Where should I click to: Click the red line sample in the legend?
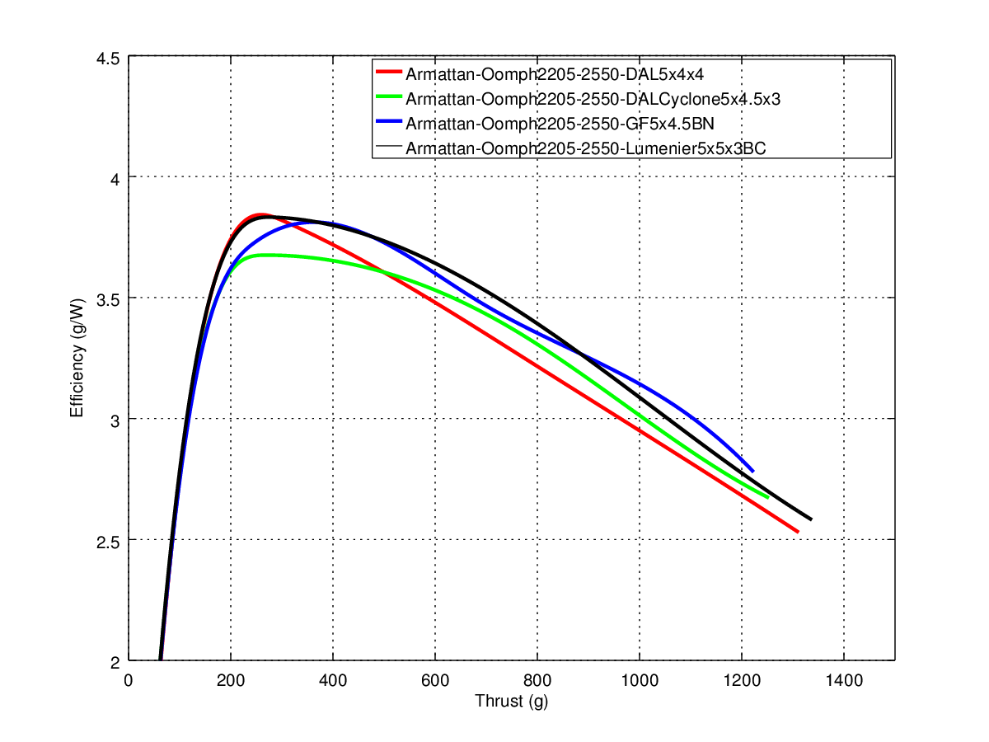(x=389, y=73)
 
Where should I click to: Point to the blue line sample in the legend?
(x=389, y=121)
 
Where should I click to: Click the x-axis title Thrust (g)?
(x=511, y=702)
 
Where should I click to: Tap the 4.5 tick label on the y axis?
(x=108, y=58)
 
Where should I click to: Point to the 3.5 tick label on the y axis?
(x=108, y=298)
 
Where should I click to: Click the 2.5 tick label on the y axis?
(x=108, y=541)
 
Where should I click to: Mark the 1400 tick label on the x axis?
(x=843, y=681)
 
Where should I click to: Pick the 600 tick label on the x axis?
(x=434, y=681)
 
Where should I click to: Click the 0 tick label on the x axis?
(x=129, y=681)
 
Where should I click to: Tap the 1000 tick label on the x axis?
(x=639, y=681)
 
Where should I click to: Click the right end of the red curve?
(x=797, y=532)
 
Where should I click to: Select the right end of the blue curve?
(x=752, y=471)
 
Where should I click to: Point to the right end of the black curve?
(x=811, y=519)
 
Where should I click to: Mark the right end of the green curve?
(x=767, y=497)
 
